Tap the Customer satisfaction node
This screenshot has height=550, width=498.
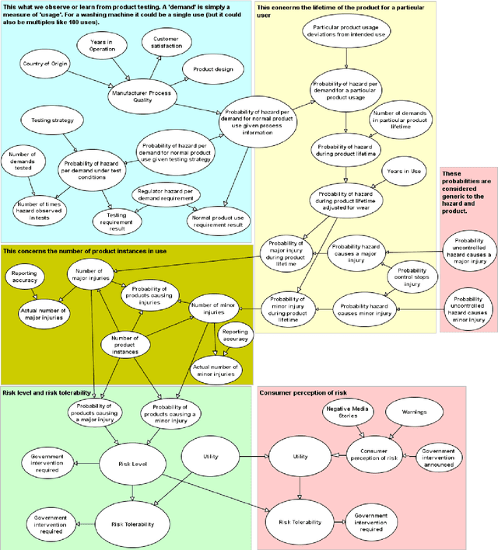coord(166,44)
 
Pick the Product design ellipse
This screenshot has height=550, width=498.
coord(207,69)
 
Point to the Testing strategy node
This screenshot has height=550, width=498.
coord(52,121)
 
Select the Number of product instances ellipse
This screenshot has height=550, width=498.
coord(125,343)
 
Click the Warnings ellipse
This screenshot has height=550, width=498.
coord(413,412)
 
